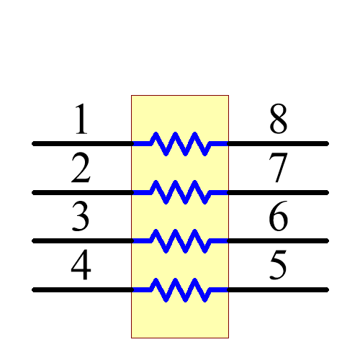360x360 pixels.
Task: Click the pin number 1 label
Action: point(81,120)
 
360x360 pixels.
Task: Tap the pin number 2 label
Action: point(81,169)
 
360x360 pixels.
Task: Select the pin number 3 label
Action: point(81,217)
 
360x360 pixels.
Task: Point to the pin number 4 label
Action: point(81,266)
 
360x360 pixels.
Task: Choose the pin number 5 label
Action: point(279,266)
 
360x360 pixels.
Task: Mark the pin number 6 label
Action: point(279,217)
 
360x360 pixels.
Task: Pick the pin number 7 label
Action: point(279,169)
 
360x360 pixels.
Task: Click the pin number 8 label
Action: point(279,120)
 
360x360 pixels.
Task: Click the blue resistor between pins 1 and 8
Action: point(180,143)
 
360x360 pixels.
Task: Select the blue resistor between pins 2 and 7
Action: point(180,192)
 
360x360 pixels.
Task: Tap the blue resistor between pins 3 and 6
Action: point(180,240)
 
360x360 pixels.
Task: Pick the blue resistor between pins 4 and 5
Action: point(180,289)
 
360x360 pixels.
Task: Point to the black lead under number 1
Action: point(82,143)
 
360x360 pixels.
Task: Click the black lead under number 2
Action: point(82,192)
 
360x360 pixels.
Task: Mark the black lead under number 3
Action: point(82,240)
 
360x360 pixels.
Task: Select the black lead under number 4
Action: point(82,289)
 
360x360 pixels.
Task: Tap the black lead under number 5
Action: point(278,289)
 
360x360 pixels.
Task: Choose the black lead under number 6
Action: point(278,240)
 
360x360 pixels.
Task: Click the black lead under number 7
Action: point(278,192)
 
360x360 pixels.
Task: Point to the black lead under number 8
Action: point(278,143)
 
